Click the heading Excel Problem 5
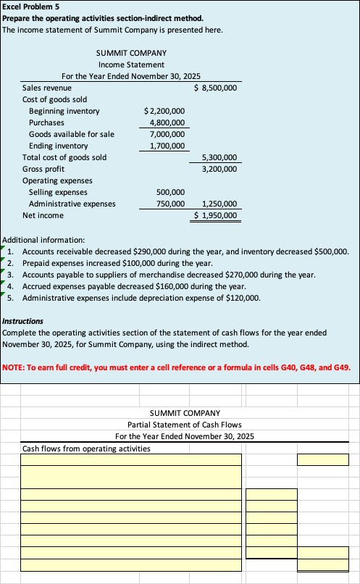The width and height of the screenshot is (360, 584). pyautogui.click(x=29, y=6)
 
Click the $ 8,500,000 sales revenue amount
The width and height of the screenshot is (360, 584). pyautogui.click(x=217, y=88)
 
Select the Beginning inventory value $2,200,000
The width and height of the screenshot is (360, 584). pyautogui.click(x=164, y=111)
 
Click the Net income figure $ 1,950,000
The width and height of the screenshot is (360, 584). pyautogui.click(x=217, y=215)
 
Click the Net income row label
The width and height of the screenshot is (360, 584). pyautogui.click(x=43, y=215)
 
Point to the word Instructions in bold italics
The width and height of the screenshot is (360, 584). pyautogui.click(x=23, y=321)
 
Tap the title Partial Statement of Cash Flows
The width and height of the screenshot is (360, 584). pyautogui.click(x=185, y=424)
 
